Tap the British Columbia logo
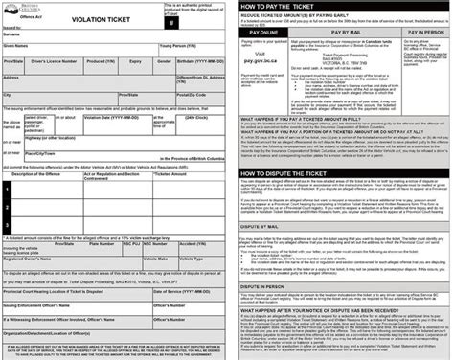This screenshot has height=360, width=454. pyautogui.click(x=19, y=8)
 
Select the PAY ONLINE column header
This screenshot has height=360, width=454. pyautogui.click(x=258, y=32)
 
